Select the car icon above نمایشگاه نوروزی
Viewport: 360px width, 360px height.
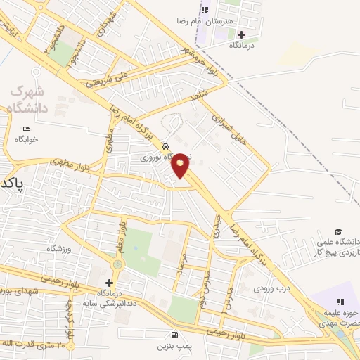pyautogui.click(x=165, y=146)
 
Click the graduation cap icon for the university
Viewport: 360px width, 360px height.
pyautogui.click(x=338, y=231)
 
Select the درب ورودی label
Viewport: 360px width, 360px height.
pyautogui.click(x=271, y=288)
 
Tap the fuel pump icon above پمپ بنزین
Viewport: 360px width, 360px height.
pyautogui.click(x=174, y=335)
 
